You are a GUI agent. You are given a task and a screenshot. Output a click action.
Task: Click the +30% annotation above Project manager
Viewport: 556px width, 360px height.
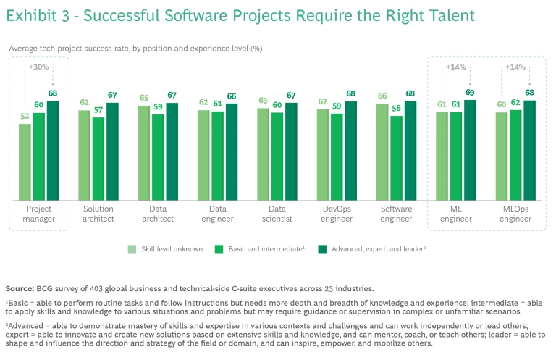pyautogui.click(x=38, y=68)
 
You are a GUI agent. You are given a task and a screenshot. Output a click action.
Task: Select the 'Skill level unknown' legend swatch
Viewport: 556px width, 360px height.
pyautogui.click(x=132, y=248)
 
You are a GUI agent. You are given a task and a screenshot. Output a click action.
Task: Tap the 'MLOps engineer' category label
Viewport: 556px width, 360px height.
pyautogui.click(x=515, y=214)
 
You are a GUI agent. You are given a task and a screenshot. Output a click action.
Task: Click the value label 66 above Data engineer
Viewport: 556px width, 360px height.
pyautogui.click(x=231, y=96)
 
